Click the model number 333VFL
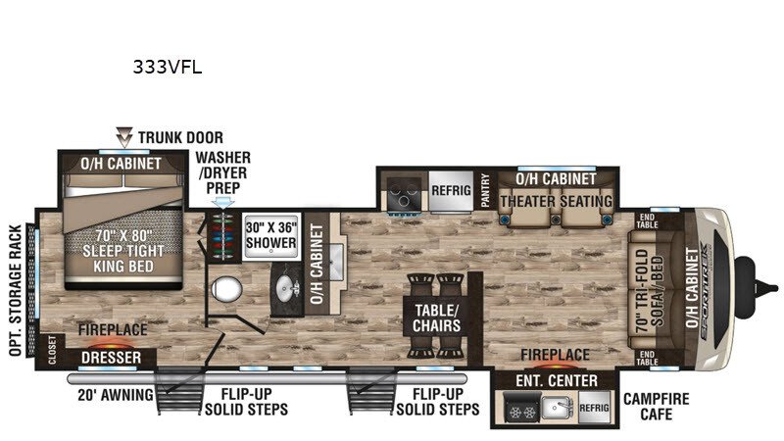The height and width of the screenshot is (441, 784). point(167,67)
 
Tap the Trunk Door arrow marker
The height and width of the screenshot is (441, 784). point(124,136)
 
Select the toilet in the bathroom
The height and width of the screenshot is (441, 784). point(226,289)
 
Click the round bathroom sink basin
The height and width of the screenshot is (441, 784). point(286,288)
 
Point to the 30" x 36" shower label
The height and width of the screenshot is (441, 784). point(271,235)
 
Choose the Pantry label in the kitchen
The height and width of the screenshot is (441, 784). point(484,190)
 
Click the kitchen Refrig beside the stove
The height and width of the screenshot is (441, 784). point(451,190)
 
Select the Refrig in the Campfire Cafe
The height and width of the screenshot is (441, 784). point(594,408)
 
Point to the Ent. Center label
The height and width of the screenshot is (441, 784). point(556,381)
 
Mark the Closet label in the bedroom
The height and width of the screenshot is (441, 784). point(53,351)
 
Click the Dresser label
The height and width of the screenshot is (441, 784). point(111,358)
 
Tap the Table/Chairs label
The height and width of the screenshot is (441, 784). point(436,318)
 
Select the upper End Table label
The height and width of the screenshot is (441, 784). point(647,221)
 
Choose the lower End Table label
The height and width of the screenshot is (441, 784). point(647,358)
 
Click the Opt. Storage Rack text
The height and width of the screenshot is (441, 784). point(16,290)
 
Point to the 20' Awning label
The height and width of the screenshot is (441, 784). point(116,395)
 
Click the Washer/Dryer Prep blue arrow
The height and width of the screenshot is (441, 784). point(223,203)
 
